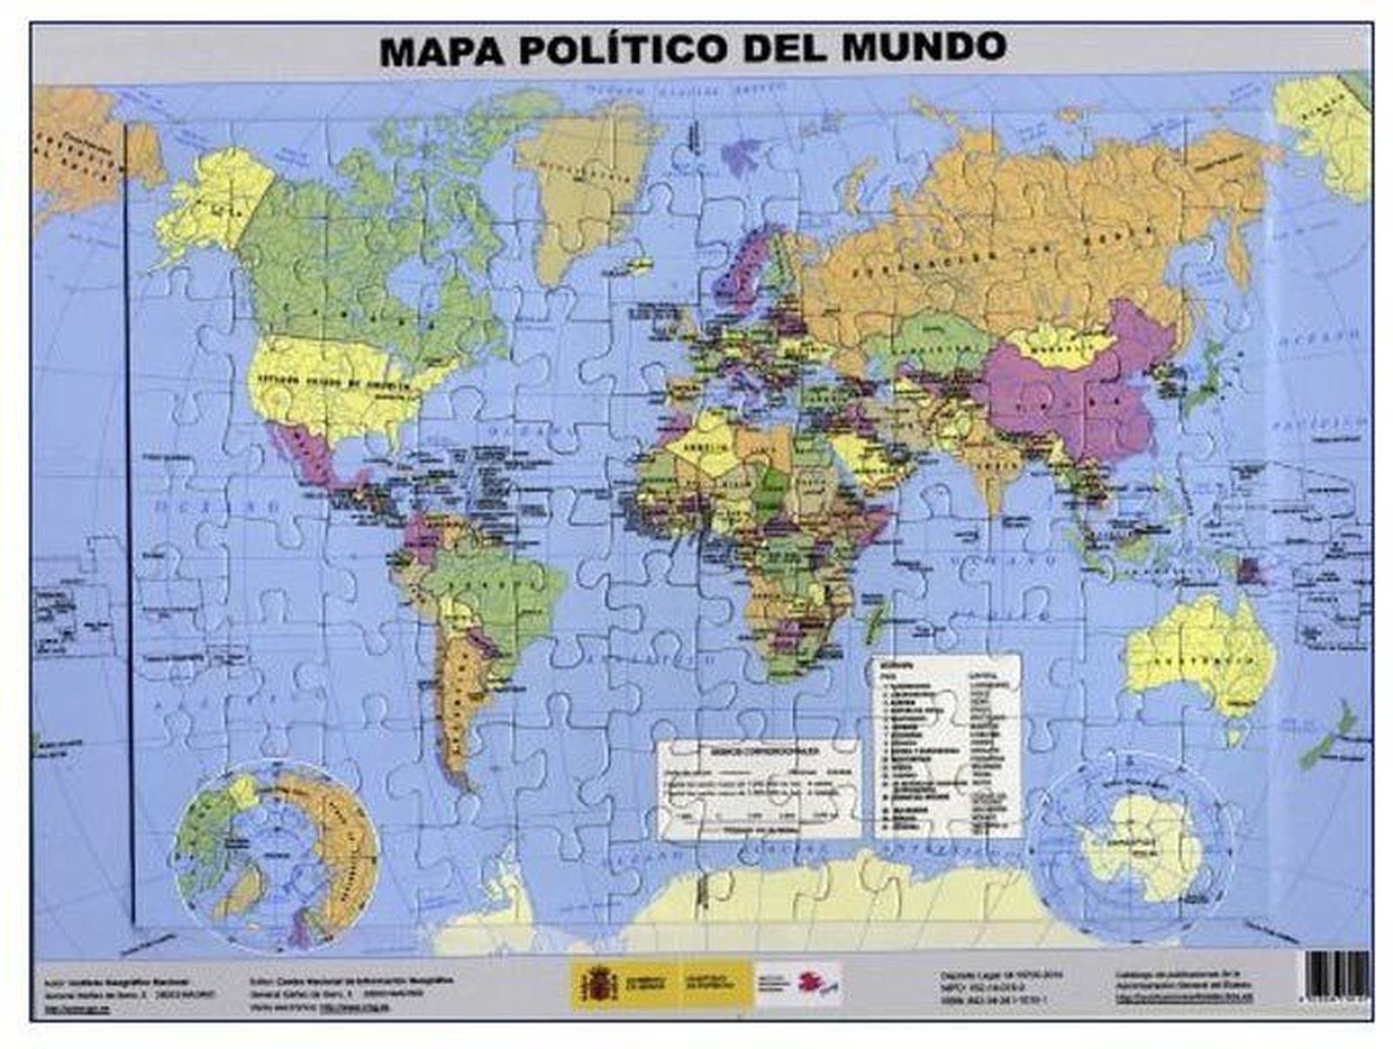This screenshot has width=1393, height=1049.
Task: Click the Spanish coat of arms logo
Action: click(x=598, y=985)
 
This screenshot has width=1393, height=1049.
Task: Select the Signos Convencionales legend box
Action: click(x=757, y=788)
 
